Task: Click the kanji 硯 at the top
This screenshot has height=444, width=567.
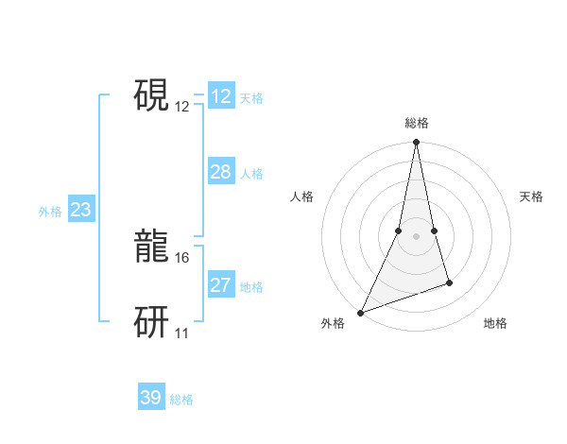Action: coord(151,94)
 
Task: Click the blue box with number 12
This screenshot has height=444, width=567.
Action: coord(221,96)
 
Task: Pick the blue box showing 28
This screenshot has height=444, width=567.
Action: coord(221,172)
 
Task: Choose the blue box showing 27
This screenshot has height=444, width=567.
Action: coord(221,285)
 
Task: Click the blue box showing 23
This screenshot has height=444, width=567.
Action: coord(80,210)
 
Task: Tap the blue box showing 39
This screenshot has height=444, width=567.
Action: coord(151,398)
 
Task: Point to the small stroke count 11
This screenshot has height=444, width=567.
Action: coord(181,333)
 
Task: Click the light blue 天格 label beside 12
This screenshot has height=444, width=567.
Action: coord(251,98)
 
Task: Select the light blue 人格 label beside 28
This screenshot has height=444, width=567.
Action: coord(251,174)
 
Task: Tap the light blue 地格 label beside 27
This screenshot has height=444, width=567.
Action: coord(251,287)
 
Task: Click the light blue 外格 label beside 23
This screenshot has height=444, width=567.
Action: coord(50,212)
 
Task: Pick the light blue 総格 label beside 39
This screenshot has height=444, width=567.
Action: coord(181,400)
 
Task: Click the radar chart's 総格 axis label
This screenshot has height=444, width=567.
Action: coord(416,123)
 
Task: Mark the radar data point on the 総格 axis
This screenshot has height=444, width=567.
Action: coord(416,143)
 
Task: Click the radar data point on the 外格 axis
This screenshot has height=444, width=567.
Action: coord(360,313)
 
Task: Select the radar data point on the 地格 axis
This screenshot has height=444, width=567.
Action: coord(449,282)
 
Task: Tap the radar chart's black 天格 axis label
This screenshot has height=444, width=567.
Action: coord(532,196)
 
